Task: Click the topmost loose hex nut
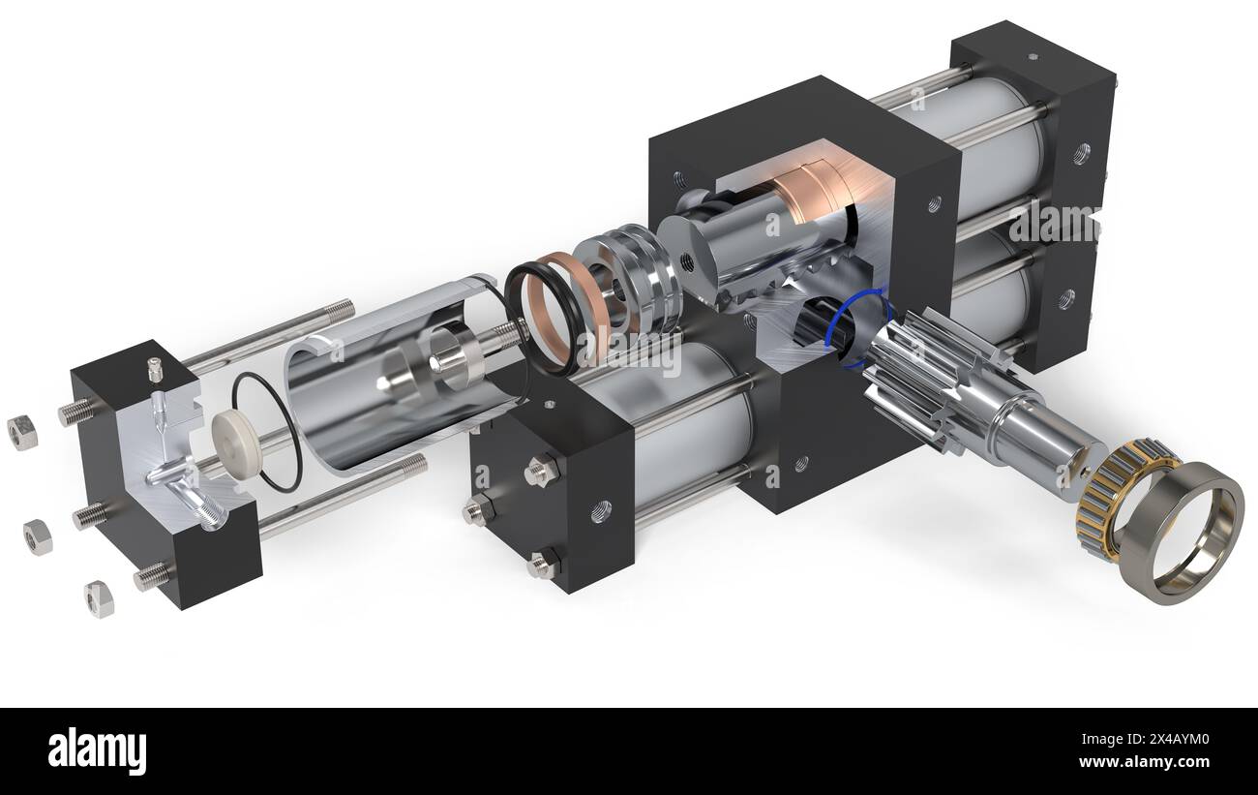(x=21, y=432)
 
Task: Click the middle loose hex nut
(x=37, y=535)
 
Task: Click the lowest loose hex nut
(x=98, y=599)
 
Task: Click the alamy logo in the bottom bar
(x=97, y=750)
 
